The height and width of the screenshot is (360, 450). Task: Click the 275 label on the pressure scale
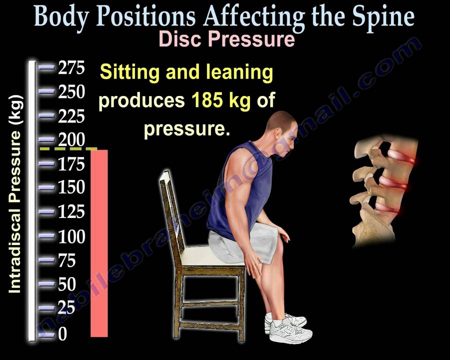point(71,67)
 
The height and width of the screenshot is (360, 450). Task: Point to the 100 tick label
point(71,236)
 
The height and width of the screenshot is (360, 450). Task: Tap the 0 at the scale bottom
point(62,334)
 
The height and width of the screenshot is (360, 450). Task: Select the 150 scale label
point(71,188)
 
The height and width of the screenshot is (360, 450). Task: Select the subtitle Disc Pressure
point(226,39)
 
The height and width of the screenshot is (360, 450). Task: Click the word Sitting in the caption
point(129,72)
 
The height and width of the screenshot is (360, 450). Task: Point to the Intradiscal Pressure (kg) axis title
point(15,193)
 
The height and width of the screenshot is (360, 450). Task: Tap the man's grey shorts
point(240,245)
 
